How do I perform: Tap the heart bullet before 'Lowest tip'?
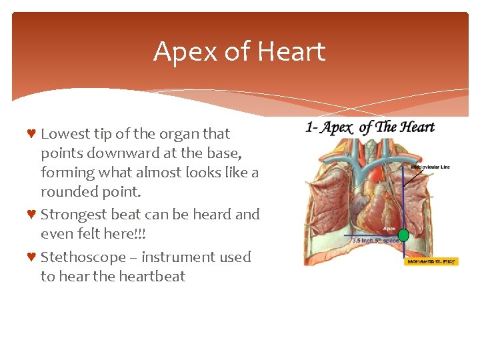pos(31,133)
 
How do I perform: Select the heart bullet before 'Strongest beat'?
pos(31,215)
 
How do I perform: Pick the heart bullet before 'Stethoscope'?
pos(31,257)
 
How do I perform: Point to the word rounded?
pos(65,191)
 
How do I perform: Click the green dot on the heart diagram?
pos(403,235)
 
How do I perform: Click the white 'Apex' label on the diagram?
pos(390,227)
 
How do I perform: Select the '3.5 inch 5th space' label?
pos(375,241)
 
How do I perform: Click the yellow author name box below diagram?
pos(431,261)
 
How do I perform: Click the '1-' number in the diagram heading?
pos(311,127)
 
